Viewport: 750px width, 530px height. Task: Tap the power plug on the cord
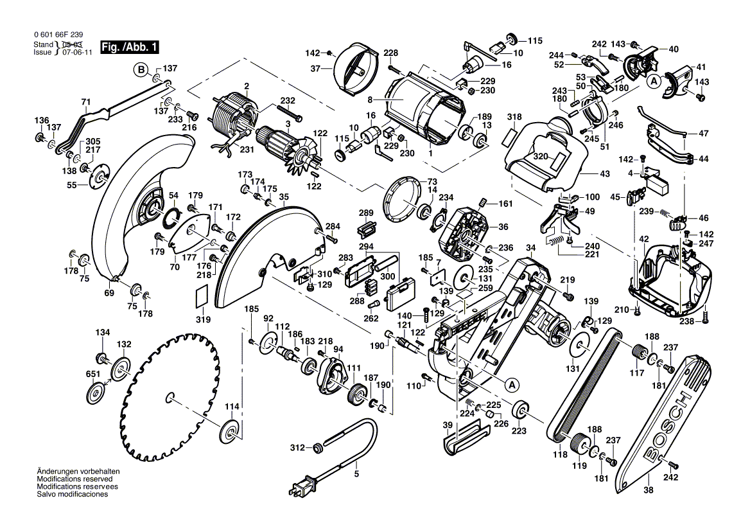point(301,485)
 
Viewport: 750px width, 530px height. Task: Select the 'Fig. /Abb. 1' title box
point(129,48)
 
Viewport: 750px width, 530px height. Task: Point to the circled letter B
point(141,71)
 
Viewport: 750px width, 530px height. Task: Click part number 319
point(204,319)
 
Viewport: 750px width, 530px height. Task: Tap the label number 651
point(93,374)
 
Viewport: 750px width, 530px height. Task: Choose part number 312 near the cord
point(297,448)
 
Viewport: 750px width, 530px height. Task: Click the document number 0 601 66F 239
point(58,35)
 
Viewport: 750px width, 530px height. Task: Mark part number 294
point(367,247)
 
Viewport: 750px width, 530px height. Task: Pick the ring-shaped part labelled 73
point(402,200)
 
